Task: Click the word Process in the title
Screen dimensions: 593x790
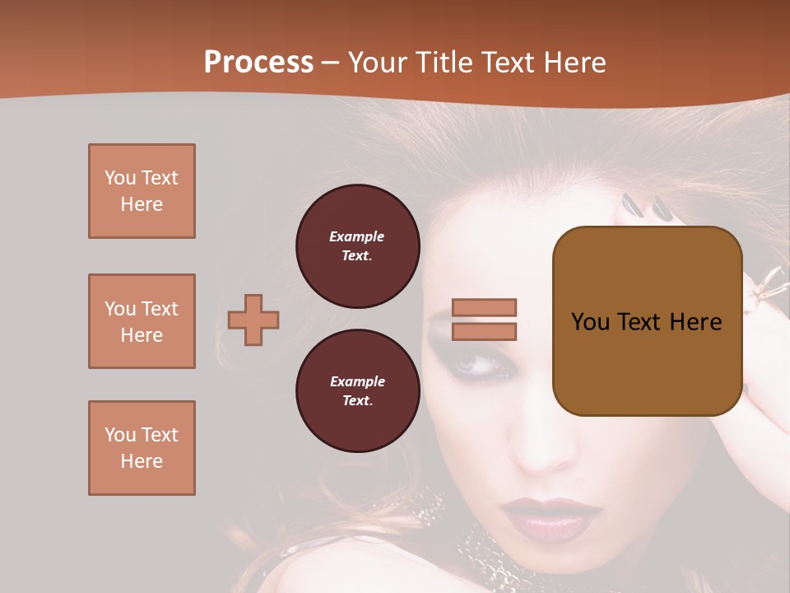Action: coord(258,63)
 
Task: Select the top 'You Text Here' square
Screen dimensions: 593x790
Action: coord(142,191)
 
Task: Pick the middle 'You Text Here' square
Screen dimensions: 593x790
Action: coord(142,321)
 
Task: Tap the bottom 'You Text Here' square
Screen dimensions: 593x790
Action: coord(142,448)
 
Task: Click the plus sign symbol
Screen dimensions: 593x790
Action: coord(253,320)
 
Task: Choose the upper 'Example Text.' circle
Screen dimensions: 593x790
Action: coord(357,245)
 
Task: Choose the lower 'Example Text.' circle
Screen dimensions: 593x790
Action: coord(357,390)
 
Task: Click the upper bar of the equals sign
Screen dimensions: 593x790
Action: coord(484,307)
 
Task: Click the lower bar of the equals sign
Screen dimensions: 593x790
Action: coord(484,331)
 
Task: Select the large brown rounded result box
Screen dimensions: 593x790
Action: coord(647,321)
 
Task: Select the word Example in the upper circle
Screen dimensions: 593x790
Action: coord(357,236)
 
